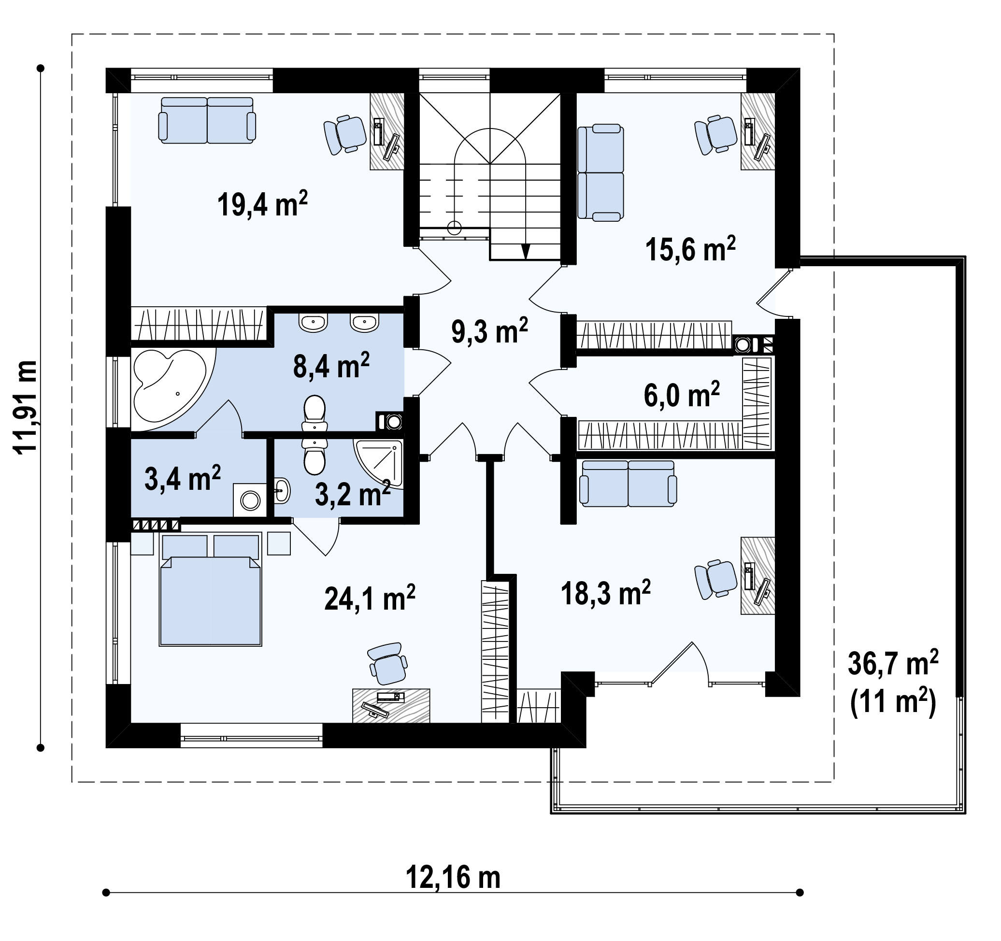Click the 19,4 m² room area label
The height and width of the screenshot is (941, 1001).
pos(262,204)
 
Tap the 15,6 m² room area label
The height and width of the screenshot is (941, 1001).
pos(690,249)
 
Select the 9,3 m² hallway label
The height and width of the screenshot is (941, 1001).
pos(489,331)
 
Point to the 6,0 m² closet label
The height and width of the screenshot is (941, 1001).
pos(682,394)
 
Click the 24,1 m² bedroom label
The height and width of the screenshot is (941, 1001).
pos(370,598)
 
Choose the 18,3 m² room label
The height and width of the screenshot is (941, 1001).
pos(606,593)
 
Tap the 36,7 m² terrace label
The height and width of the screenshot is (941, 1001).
pos(893,663)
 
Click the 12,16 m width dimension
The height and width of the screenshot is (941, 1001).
pos(453,878)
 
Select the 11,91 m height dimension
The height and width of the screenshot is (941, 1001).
pos(25,408)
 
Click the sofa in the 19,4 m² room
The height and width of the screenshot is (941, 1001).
pos(207,121)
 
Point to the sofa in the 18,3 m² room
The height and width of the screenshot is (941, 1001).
pos(629,484)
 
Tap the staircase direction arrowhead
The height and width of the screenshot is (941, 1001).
pos(526,252)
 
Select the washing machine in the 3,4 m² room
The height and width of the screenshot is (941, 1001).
pos(250,500)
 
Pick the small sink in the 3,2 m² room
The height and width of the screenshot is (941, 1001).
pos(283,490)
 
